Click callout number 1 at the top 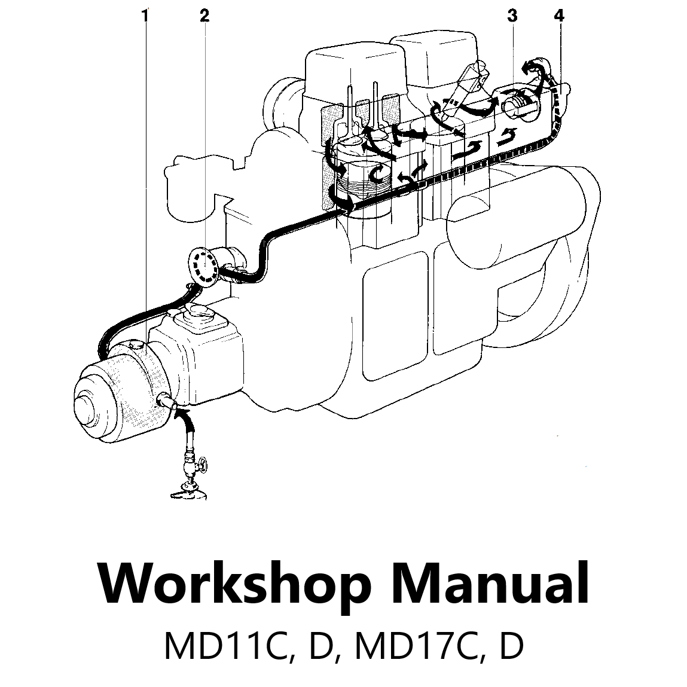[x=144, y=17]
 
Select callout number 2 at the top [x=204, y=17]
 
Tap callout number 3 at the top [x=512, y=17]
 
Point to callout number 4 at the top [x=558, y=17]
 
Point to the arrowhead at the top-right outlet [x=527, y=68]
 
